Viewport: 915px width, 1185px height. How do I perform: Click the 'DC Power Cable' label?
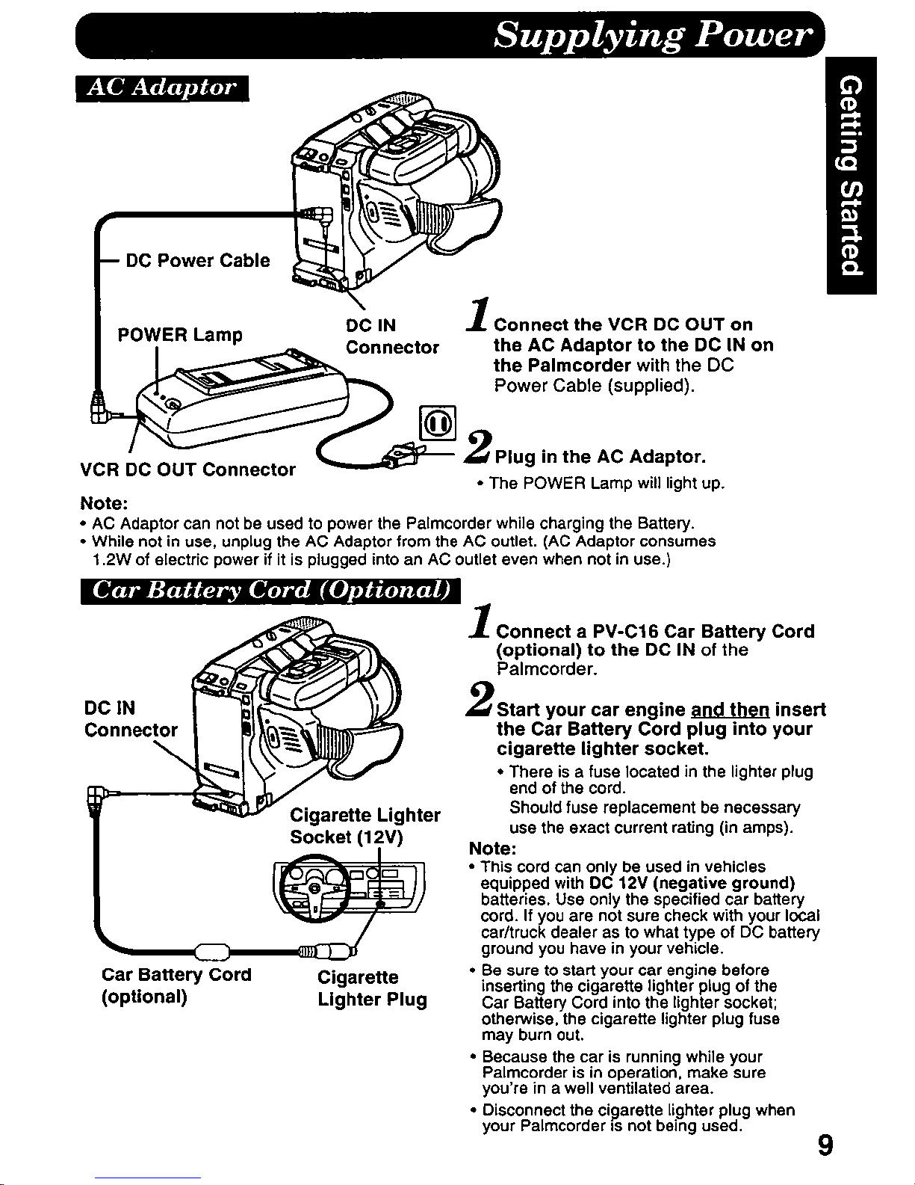coord(198,260)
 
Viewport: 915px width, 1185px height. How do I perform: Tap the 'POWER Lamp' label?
coord(180,334)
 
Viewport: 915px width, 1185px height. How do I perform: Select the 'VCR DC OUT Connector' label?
coord(187,470)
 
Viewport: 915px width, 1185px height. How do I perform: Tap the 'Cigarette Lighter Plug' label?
coord(372,988)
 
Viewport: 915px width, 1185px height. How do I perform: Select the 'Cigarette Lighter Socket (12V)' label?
coord(365,825)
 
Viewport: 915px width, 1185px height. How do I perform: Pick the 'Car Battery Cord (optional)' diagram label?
coord(176,985)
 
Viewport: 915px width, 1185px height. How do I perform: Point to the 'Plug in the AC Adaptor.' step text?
coord(601,456)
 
